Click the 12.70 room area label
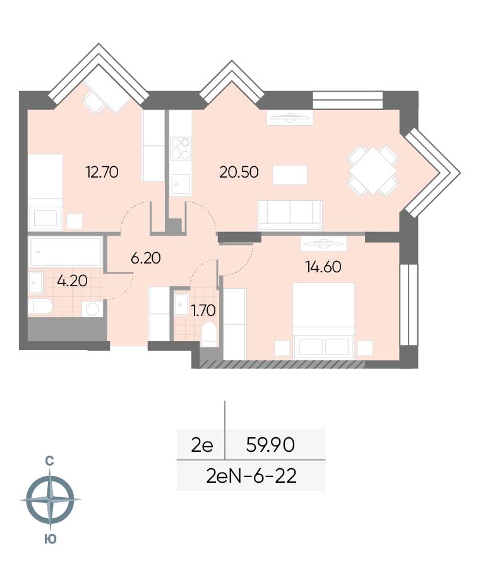[x=102, y=172]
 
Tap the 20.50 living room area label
[x=239, y=172]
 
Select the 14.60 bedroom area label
[x=323, y=267]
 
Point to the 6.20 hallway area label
[x=145, y=258]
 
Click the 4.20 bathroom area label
[x=72, y=281]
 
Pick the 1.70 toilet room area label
[x=203, y=310]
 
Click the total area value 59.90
[x=270, y=445]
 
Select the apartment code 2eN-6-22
[x=251, y=476]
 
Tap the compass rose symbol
[x=51, y=499]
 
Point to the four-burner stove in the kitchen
[x=180, y=148]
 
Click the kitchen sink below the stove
[x=180, y=185]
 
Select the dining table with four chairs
[x=373, y=170]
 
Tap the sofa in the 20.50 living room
[x=290, y=215]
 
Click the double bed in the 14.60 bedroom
[x=324, y=320]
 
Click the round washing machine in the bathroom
[x=93, y=309]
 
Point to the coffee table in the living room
[x=290, y=174]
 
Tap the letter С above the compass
[x=49, y=461]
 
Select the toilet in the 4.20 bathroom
[x=40, y=306]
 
